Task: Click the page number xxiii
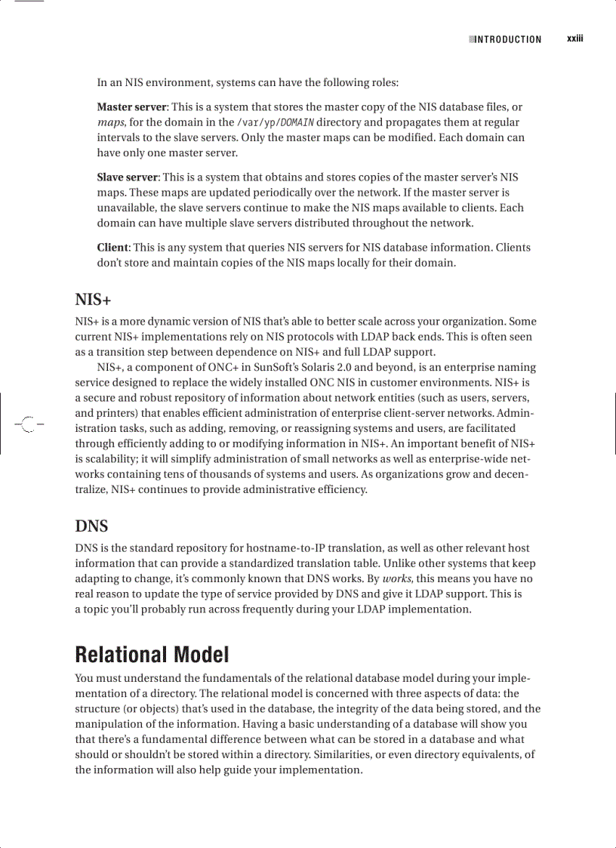pyautogui.click(x=576, y=39)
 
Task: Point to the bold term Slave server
pyautogui.click(x=127, y=177)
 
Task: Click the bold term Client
pyautogui.click(x=112, y=247)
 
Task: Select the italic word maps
pyautogui.click(x=110, y=122)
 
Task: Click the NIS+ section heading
pyautogui.click(x=94, y=299)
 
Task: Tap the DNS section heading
pyautogui.click(x=91, y=526)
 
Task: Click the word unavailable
pyautogui.click(x=125, y=208)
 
